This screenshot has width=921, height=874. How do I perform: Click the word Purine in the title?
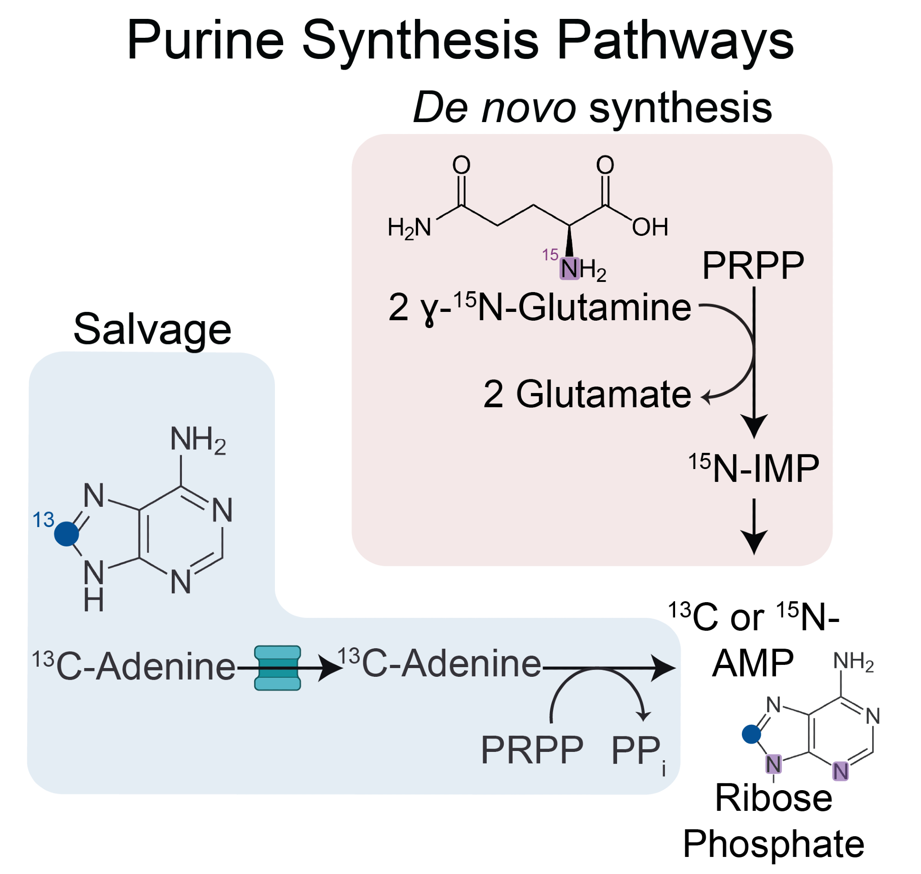pos(205,41)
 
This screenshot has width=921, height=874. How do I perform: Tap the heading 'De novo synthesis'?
pos(592,108)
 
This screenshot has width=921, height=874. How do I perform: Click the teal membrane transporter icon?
pos(278,668)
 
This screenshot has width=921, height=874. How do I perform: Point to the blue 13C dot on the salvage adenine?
pos(67,534)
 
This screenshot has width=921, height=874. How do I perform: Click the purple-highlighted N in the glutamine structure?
pos(569,269)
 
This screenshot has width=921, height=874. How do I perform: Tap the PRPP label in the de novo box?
pos(753,265)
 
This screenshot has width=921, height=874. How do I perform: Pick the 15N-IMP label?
pos(754,468)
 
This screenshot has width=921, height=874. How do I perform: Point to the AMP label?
pos(753,663)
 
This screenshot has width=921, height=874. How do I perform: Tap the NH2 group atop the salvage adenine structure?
pos(198,440)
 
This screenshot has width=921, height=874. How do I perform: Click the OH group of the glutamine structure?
pos(650,227)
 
